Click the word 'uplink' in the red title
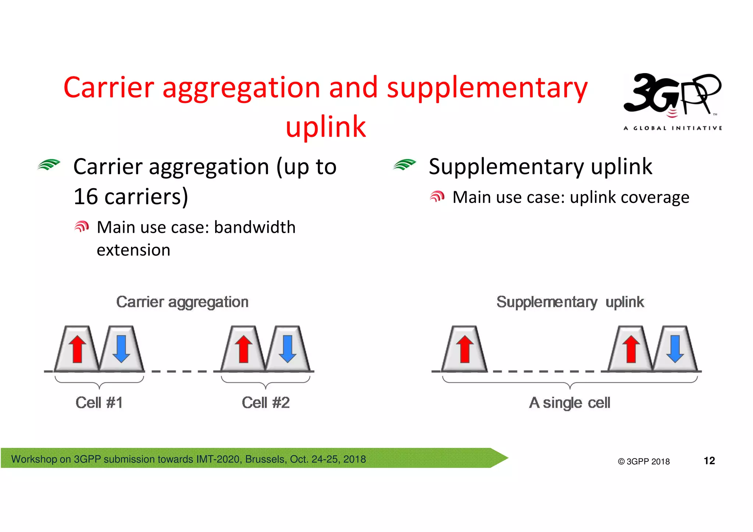pos(326,126)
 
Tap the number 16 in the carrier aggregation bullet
pos(85,197)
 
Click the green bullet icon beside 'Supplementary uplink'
pos(404,165)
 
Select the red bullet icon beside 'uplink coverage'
pos(437,197)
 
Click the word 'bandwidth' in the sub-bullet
pos(254,227)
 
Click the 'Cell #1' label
pos(99,403)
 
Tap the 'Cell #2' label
pos(265,403)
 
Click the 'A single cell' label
pos(570,403)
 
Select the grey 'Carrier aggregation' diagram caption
pos(182,302)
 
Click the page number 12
pos(709,461)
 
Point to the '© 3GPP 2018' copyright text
pos(643,461)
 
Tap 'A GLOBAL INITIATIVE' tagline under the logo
pos(672,128)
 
